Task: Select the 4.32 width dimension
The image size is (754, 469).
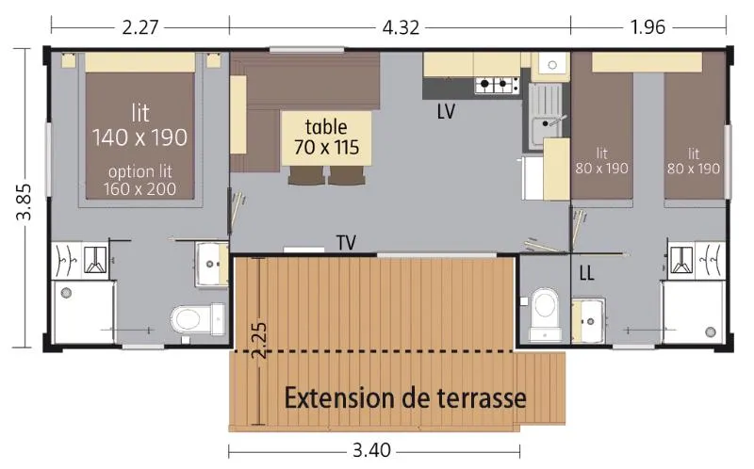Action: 400,26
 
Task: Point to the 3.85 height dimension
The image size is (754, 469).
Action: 23,200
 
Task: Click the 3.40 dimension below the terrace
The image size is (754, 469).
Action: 372,450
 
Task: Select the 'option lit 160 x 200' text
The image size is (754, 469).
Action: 139,180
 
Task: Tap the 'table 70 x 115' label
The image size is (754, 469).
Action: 326,137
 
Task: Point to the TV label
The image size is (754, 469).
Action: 346,243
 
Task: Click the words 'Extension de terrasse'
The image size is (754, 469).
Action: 405,396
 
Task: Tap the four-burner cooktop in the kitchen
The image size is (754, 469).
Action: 497,87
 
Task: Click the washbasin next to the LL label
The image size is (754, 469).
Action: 590,317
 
